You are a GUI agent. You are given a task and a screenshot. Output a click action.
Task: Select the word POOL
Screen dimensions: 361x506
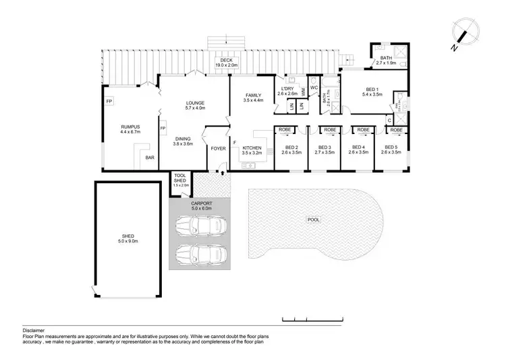[313, 220]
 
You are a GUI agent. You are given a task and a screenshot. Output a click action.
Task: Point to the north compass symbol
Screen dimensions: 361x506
[464, 35]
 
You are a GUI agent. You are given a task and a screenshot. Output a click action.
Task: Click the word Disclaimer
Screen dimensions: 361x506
[34, 331]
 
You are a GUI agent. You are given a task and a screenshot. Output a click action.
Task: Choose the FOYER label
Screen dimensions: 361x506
[219, 148]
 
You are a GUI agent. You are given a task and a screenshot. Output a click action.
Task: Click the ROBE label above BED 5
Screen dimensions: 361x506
[397, 129]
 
